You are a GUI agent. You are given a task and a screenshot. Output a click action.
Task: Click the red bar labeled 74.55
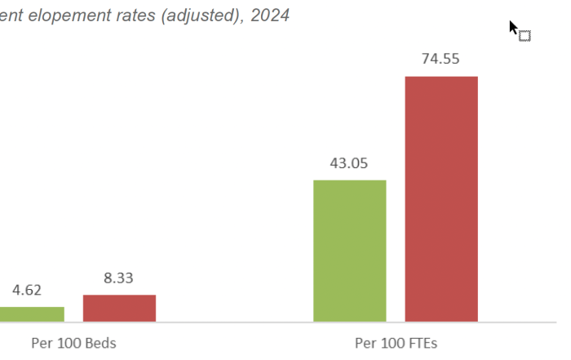(441, 198)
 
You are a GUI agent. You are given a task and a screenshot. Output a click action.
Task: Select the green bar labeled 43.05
(349, 251)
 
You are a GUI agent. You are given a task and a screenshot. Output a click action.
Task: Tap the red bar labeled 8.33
(119, 308)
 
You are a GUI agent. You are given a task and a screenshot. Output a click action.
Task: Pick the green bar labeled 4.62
(31, 313)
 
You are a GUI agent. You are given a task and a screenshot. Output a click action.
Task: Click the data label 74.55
(441, 59)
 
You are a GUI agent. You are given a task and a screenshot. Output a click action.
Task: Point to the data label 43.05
(349, 162)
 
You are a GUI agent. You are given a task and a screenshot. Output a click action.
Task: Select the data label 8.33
(119, 278)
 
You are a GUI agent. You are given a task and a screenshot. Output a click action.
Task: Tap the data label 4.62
(27, 290)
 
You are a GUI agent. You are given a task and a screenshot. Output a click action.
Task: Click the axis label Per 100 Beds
(73, 343)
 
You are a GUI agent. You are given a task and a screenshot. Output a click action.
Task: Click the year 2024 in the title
(271, 15)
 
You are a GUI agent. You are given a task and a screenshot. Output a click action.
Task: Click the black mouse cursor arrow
(514, 29)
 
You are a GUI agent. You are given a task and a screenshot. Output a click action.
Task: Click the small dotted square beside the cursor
(525, 35)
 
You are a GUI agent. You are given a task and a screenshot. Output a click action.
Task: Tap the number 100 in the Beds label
(70, 343)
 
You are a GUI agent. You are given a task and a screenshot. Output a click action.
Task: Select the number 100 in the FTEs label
(392, 343)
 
